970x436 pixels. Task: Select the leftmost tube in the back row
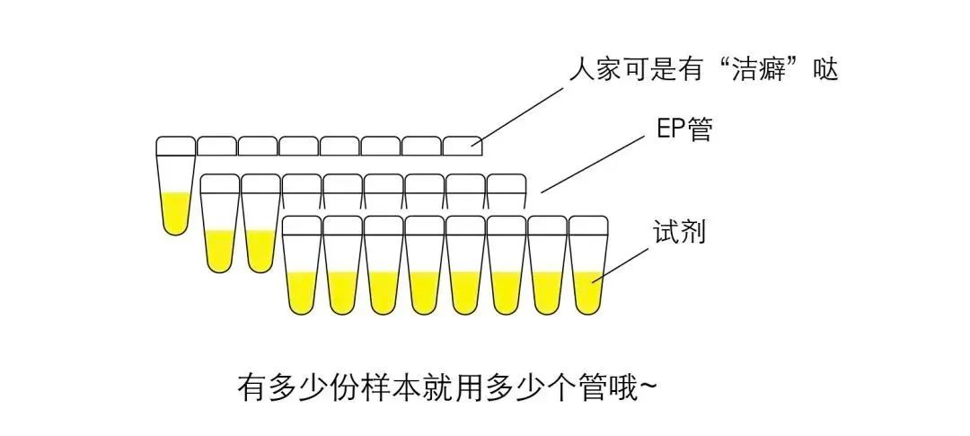175,189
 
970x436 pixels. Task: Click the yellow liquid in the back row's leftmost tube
175,212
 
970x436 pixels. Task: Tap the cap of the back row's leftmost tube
175,145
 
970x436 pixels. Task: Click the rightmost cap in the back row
463,145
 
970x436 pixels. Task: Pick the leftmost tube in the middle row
219,225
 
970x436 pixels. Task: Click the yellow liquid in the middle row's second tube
260,250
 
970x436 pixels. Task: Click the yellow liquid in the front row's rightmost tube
588,292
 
